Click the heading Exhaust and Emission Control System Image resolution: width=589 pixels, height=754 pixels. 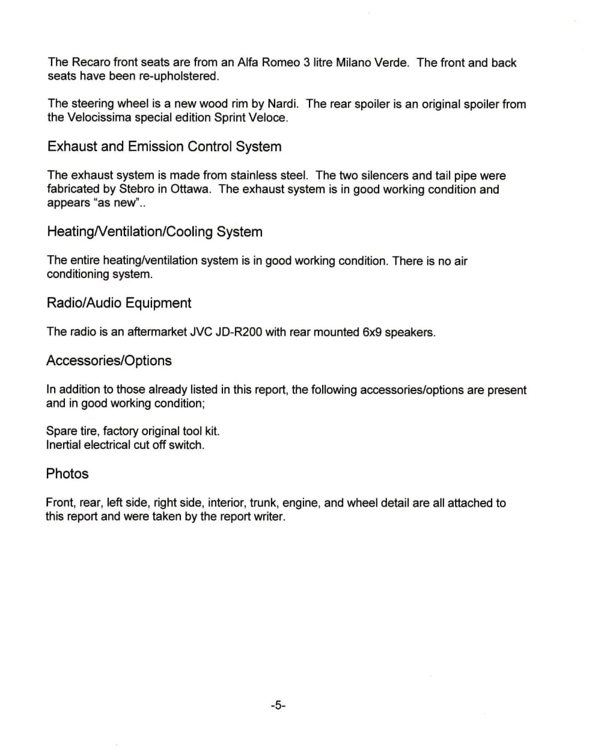click(x=164, y=147)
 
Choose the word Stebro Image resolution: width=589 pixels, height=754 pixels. click(x=137, y=189)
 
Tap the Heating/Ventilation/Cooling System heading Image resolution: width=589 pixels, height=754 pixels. click(x=154, y=232)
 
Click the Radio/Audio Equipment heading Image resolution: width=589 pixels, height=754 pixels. click(x=119, y=303)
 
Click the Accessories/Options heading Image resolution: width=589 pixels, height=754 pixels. click(x=109, y=360)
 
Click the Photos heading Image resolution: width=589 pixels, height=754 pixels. click(x=67, y=474)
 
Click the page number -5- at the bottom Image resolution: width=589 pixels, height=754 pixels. click(x=278, y=705)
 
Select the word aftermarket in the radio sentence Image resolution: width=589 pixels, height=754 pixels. click(x=157, y=332)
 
